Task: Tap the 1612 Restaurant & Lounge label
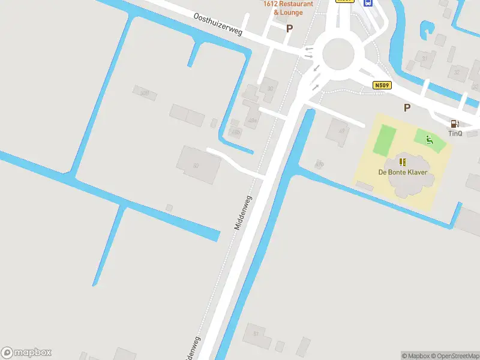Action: (x=288, y=8)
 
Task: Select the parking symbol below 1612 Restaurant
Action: (x=290, y=28)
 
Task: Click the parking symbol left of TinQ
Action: (x=407, y=107)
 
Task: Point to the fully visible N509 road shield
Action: (x=382, y=86)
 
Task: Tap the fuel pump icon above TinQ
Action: (x=454, y=124)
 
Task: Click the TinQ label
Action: (x=455, y=133)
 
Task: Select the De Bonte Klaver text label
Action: (x=403, y=172)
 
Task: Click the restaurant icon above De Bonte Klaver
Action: (x=403, y=162)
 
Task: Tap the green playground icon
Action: (x=429, y=140)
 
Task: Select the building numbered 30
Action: (x=269, y=88)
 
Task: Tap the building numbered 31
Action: (x=425, y=59)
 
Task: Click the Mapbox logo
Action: (x=26, y=353)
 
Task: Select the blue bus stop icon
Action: (x=368, y=2)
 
